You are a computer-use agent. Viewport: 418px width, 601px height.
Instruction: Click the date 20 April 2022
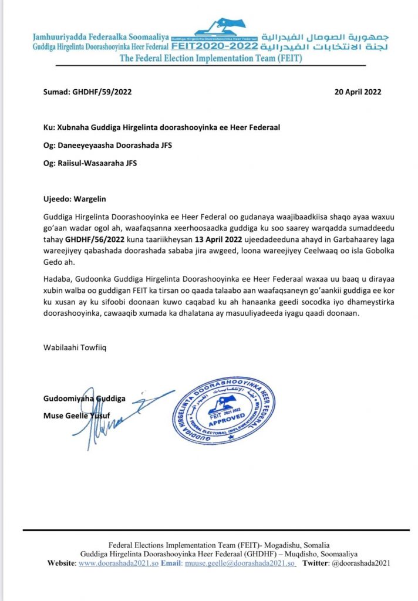coord(358,92)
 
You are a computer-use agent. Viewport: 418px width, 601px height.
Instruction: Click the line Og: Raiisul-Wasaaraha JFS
coord(90,163)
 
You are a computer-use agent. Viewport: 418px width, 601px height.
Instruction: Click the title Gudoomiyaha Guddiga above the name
coord(84,399)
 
